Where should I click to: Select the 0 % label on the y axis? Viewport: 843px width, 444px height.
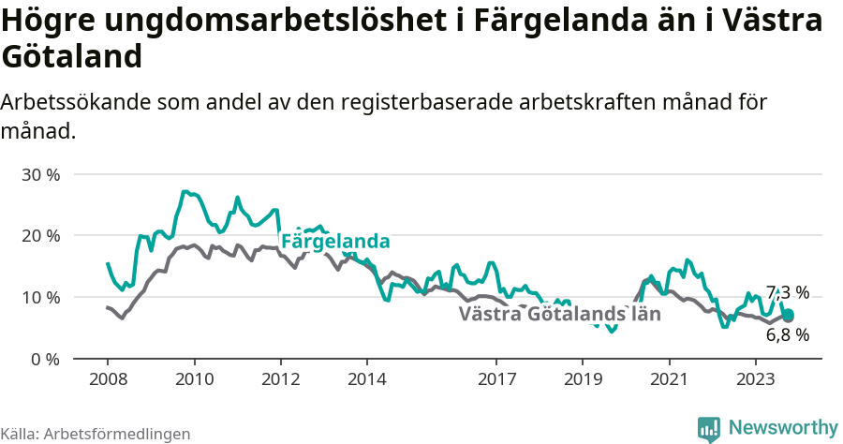pos(44,359)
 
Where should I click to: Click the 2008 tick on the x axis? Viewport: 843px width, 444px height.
pos(108,379)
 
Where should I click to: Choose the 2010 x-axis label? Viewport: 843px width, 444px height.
pos(194,379)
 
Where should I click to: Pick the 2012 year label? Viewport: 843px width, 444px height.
pos(280,379)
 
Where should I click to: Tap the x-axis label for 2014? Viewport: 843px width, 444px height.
pos(366,379)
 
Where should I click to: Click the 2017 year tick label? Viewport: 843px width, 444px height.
pos(496,379)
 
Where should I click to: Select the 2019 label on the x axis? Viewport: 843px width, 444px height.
pos(583,379)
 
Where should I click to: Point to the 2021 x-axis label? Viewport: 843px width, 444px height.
pos(669,379)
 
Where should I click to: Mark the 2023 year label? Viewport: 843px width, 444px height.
pos(755,379)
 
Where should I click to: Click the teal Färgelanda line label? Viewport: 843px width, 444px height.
pos(335,242)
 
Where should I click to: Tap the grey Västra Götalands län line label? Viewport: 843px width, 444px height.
pos(559,314)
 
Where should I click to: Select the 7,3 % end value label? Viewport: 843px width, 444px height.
pos(787,292)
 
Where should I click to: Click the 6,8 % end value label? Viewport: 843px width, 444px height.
pos(787,334)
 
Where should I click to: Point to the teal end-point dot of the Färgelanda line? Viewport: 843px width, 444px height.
pos(788,315)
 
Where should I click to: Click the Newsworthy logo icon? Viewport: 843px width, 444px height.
pos(709,428)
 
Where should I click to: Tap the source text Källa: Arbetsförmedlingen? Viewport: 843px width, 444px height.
pos(96,434)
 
